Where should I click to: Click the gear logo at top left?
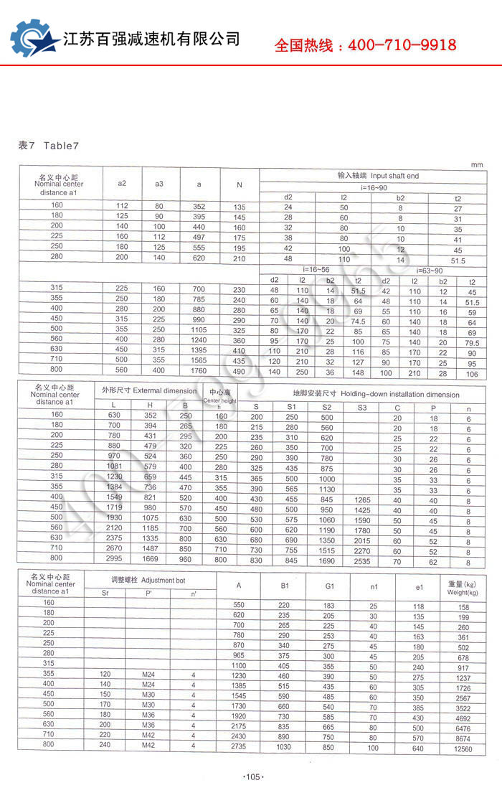[32, 42]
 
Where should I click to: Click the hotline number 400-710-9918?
[402, 45]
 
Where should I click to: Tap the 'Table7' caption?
[60, 146]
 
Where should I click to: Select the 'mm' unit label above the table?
[477, 165]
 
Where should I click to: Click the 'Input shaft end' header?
[378, 176]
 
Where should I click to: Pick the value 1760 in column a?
[199, 371]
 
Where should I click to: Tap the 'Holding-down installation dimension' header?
[376, 394]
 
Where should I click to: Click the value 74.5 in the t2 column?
[359, 322]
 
